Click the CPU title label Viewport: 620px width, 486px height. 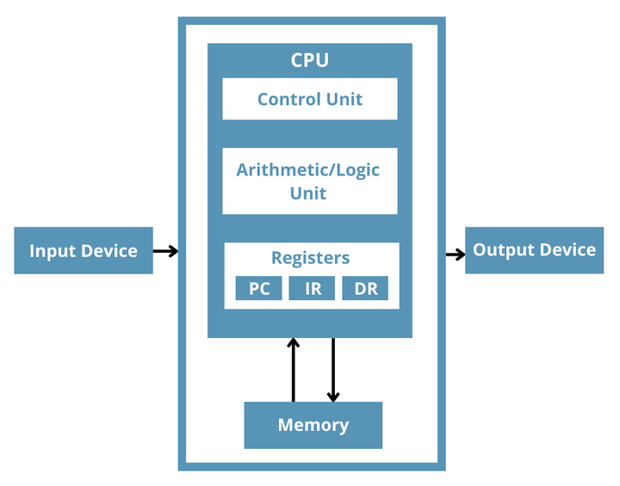tap(310, 60)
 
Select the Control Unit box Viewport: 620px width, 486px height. tap(310, 99)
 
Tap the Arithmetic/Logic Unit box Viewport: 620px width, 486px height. tap(310, 181)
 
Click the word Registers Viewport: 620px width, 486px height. tap(310, 258)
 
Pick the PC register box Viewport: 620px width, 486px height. tap(258, 288)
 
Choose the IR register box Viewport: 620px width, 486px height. tap(312, 288)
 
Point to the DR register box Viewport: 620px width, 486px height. tap(365, 288)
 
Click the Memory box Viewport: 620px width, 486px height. tap(313, 425)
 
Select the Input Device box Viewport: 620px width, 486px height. tap(84, 250)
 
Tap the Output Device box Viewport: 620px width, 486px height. tap(534, 250)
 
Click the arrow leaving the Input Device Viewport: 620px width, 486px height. tap(165, 251)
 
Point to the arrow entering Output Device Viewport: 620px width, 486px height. tap(456, 255)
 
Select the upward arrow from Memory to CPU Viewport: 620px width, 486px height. tap(293, 370)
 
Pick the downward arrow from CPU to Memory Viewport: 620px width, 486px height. tap(333, 370)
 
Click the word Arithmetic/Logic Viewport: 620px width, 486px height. tap(308, 170)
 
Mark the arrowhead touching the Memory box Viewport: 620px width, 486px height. tap(333, 397)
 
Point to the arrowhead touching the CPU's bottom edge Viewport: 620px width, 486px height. tap(293, 343)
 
